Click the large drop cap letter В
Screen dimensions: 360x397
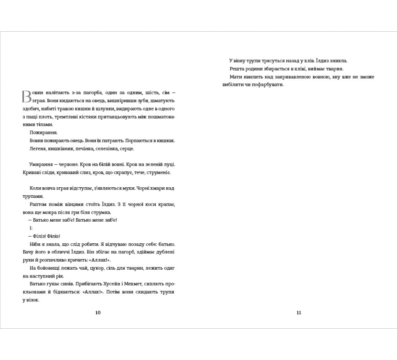26,97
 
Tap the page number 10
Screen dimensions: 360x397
98,313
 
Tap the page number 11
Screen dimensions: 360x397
299,313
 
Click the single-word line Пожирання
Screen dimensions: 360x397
43,132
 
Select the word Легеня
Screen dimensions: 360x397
38,148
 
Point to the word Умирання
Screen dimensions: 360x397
41,164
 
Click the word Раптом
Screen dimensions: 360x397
38,204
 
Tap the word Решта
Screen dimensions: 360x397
237,69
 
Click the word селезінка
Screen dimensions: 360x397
105,148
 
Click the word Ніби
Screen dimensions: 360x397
35,244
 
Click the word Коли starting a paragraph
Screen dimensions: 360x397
36,188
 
